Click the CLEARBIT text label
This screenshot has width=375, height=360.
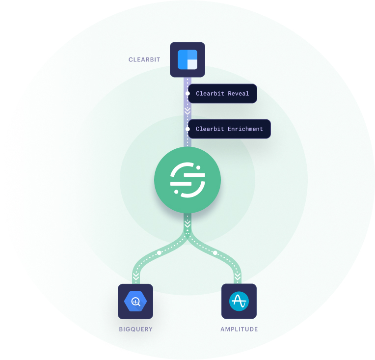[144, 60]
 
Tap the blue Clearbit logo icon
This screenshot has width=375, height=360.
[187, 59]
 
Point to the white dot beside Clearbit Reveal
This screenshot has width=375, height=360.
[187, 93]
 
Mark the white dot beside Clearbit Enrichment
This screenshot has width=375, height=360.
[187, 129]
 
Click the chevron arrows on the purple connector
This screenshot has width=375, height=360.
[187, 111]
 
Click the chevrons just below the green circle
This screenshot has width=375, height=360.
[187, 223]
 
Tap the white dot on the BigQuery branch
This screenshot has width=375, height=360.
[159, 253]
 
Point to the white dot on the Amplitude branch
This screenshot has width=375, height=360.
[215, 253]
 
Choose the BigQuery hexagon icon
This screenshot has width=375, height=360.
[135, 302]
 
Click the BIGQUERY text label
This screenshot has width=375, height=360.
[135, 329]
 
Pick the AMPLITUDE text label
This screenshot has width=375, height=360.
[239, 329]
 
